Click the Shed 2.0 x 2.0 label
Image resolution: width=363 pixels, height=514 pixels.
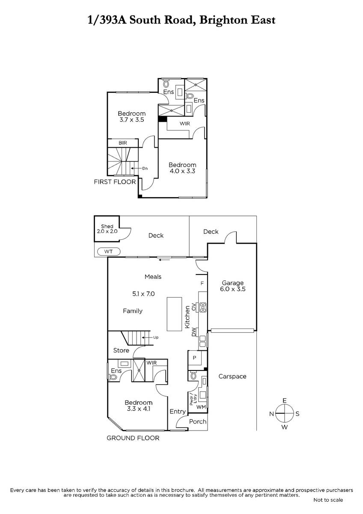click(107, 229)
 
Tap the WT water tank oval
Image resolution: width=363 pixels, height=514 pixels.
click(109, 251)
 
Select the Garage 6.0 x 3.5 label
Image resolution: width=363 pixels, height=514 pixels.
click(232, 286)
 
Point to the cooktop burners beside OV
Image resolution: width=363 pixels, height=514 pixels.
click(203, 308)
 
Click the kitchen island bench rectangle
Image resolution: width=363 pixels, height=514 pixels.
click(174, 314)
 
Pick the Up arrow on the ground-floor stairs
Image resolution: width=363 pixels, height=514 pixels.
click(147, 338)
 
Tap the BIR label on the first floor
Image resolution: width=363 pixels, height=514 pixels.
click(123, 143)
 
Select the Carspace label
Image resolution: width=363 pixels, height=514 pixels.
click(232, 377)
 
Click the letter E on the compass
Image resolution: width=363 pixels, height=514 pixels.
click(285, 400)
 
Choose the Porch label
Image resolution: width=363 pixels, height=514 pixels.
click(198, 421)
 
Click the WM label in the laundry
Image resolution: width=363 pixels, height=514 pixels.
click(201, 407)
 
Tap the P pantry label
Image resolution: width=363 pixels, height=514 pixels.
click(194, 358)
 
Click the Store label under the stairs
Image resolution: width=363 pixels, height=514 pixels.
click(121, 350)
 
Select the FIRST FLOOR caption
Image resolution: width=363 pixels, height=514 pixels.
click(115, 182)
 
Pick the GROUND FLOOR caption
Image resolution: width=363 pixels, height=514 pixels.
click(133, 438)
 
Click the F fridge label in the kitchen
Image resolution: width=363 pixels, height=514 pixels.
click(202, 284)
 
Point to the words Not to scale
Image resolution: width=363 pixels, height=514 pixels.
click(328, 500)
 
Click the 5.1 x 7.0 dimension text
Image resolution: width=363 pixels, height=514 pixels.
click(143, 294)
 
